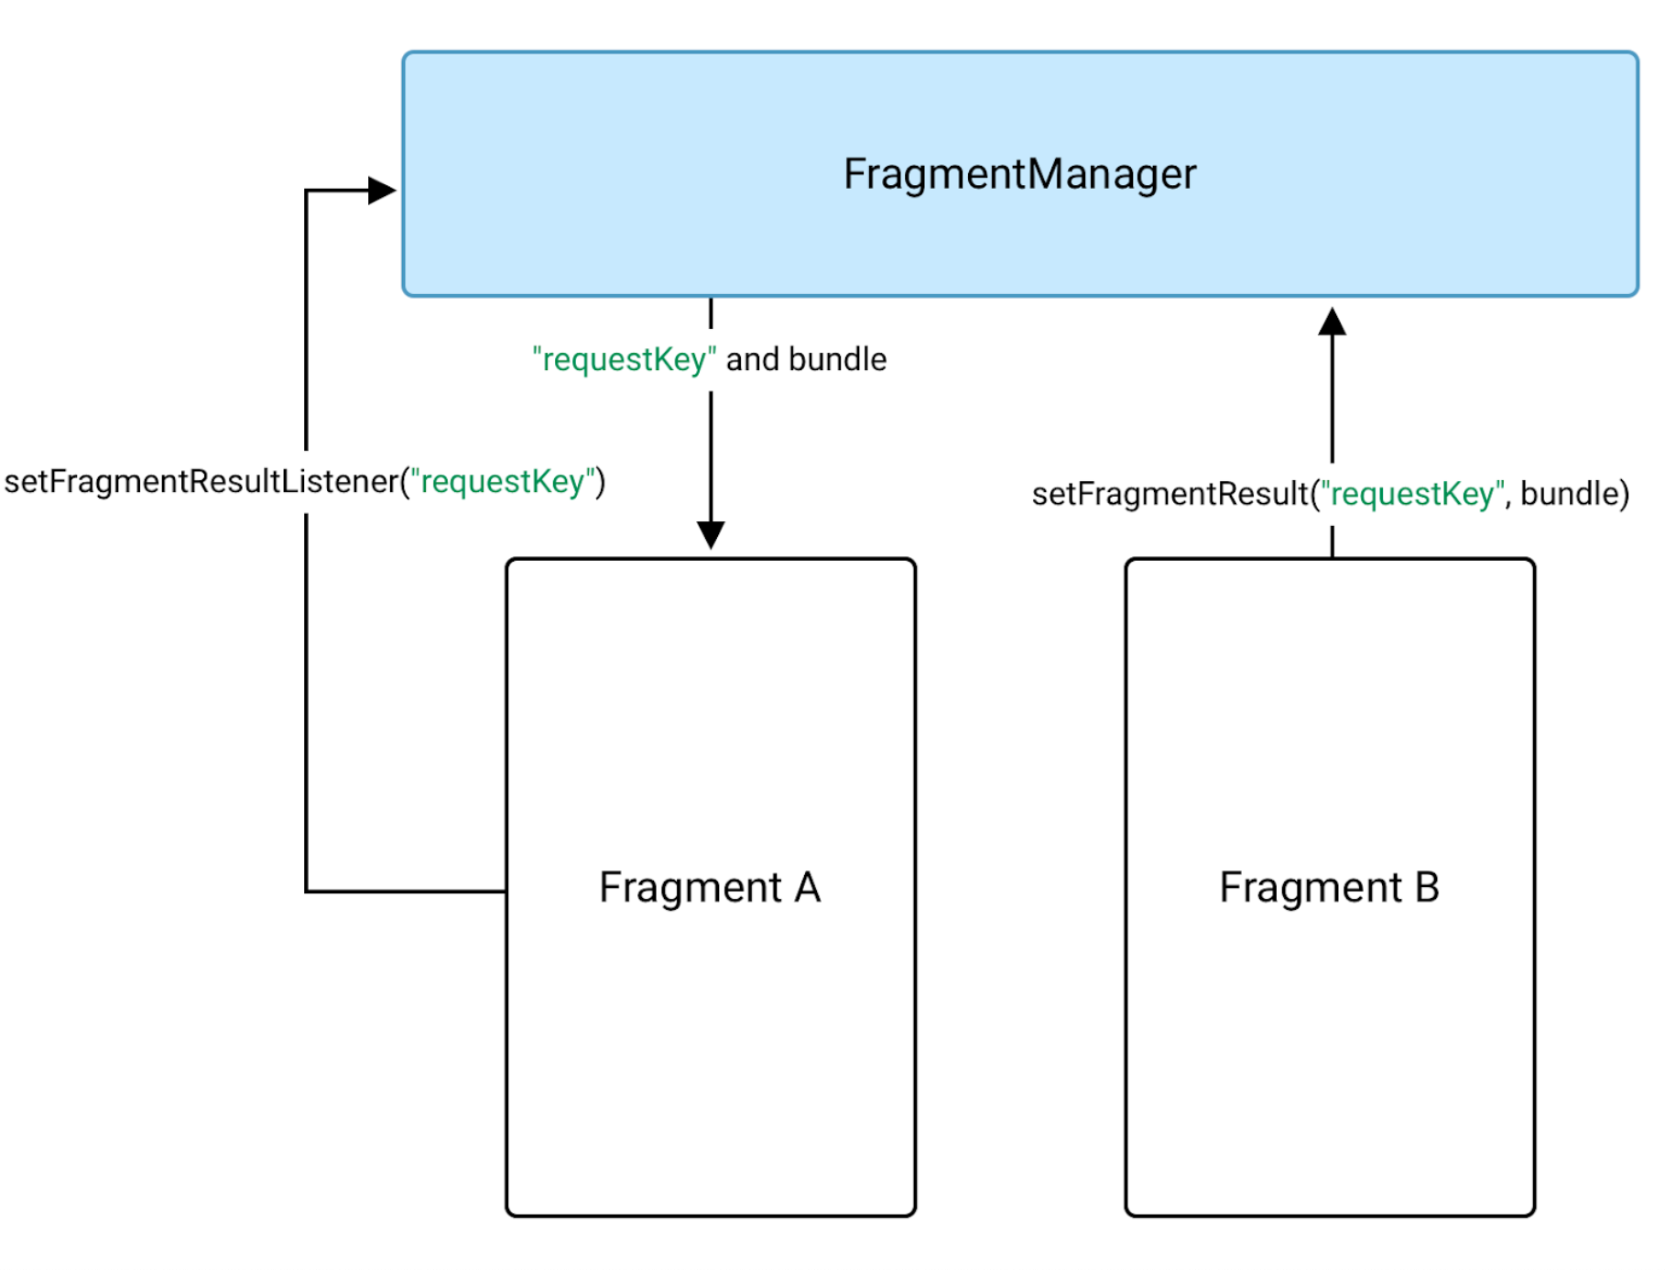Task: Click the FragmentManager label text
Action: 1019,174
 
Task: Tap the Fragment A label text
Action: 710,887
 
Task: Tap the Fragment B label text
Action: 1329,887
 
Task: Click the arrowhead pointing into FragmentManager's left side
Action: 382,191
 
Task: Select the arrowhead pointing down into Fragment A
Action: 711,534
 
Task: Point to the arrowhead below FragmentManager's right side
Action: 1332,323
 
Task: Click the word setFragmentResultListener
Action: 201,482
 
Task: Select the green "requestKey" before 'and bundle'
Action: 624,359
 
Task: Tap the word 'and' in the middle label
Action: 752,359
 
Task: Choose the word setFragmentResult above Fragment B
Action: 1170,494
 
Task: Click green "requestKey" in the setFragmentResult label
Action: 1412,494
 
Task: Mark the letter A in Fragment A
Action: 807,887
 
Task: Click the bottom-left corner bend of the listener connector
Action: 306,891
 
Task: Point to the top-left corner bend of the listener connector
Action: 306,191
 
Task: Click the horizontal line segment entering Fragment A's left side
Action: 408,891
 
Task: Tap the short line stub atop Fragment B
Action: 1332,542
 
